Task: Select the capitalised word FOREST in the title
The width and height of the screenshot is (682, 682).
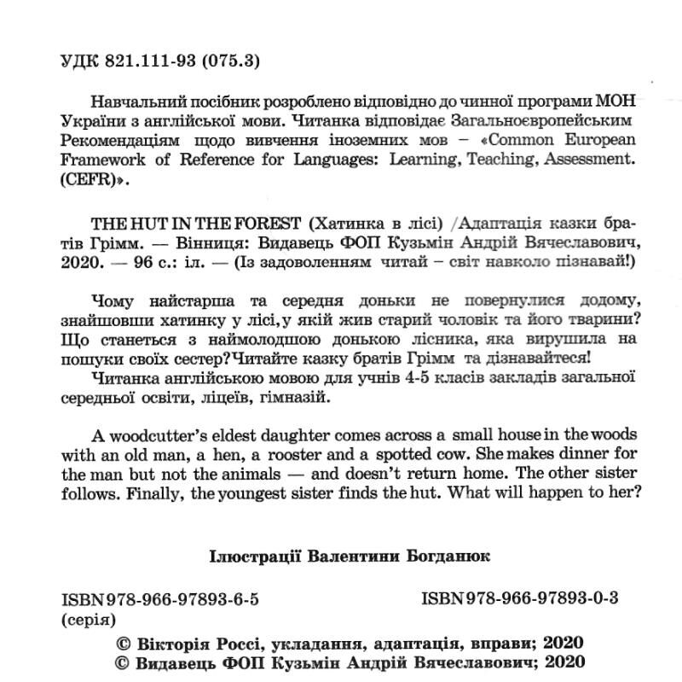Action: (263, 224)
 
